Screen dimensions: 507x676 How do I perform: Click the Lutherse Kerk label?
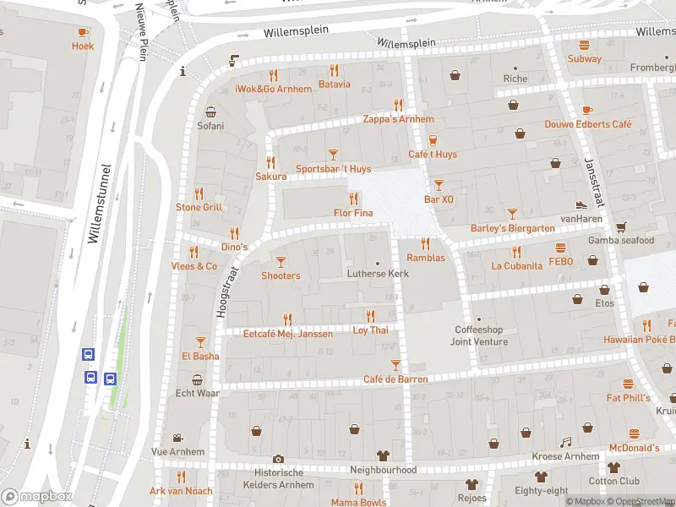tap(378, 275)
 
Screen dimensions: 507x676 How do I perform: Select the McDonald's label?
tap(633, 448)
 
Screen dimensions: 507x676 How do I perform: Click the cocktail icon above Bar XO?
tap(439, 184)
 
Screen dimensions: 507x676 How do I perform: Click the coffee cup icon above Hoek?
tap(83, 32)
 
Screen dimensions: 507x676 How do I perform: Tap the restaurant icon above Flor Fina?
tap(352, 198)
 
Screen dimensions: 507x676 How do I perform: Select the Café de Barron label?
tap(395, 379)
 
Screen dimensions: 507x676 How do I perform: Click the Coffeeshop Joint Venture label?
tap(481, 335)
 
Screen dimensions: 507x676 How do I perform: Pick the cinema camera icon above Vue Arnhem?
tap(177, 438)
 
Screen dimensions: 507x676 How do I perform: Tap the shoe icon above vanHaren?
tap(581, 204)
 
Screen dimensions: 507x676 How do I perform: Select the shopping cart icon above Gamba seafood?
tap(621, 226)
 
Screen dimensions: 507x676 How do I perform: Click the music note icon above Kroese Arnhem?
tap(566, 442)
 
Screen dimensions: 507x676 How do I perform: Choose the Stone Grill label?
tap(199, 207)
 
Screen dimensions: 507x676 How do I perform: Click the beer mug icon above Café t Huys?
tap(433, 140)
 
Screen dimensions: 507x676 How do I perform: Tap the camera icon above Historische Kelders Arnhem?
tap(278, 459)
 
